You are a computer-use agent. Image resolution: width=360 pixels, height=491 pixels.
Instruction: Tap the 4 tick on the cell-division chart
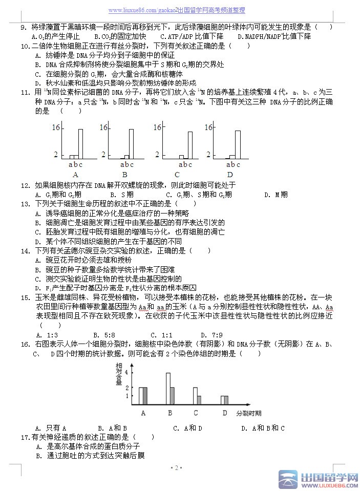(127, 373)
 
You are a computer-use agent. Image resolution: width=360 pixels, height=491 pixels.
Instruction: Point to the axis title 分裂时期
(249, 413)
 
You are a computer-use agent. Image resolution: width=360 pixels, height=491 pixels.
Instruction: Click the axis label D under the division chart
(224, 413)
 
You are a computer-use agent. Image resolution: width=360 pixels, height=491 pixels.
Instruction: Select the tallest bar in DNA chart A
(80, 144)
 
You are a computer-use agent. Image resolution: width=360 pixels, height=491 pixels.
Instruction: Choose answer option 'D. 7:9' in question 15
(249, 335)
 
